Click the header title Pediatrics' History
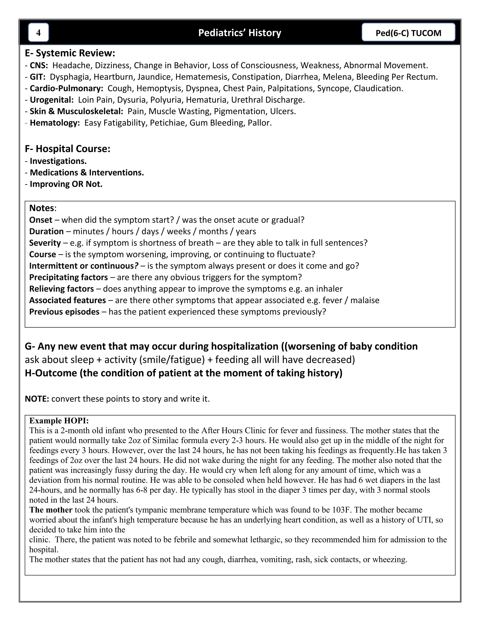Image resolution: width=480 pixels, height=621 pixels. [x=240, y=33]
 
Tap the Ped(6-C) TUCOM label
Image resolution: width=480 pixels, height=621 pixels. [x=408, y=33]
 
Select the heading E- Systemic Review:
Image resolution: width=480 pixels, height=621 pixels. [x=70, y=53]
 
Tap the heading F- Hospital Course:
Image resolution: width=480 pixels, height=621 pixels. [x=68, y=149]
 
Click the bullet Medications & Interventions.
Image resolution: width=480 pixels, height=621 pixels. [x=87, y=173]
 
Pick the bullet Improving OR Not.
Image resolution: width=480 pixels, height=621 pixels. [x=66, y=184]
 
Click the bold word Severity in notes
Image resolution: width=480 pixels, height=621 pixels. [x=45, y=243]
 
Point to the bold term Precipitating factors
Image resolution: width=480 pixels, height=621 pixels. [x=68, y=277]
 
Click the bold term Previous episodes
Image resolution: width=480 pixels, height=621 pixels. [x=64, y=312]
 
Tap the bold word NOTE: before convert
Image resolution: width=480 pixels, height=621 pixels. [x=37, y=399]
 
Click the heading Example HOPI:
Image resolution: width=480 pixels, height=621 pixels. [x=59, y=421]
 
